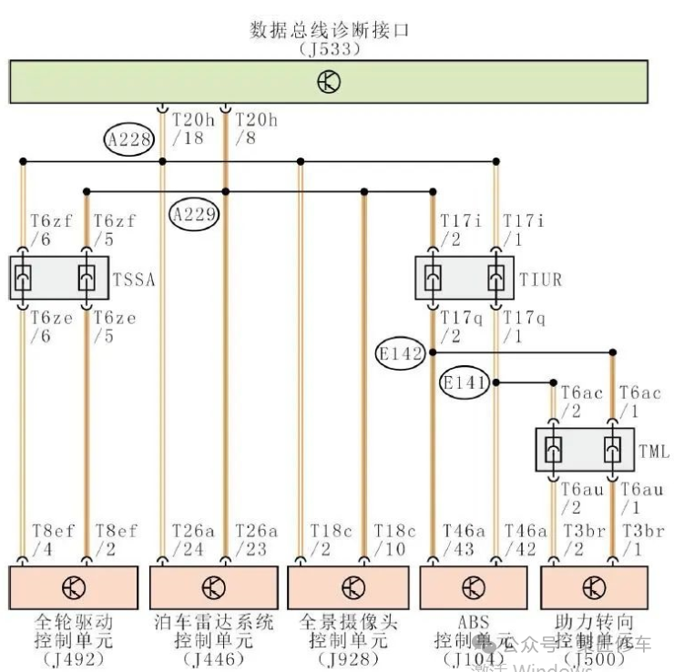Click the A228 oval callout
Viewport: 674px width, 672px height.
(128, 139)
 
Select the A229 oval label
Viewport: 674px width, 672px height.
(195, 215)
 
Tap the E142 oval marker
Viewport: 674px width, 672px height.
(402, 354)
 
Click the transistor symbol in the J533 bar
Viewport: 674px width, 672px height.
(329, 82)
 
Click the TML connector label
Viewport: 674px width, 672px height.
(653, 450)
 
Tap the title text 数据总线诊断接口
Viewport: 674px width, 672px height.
(329, 30)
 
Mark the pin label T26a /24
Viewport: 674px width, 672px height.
(192, 540)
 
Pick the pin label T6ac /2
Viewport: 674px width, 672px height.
(581, 402)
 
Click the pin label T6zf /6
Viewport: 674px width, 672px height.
(47, 230)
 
